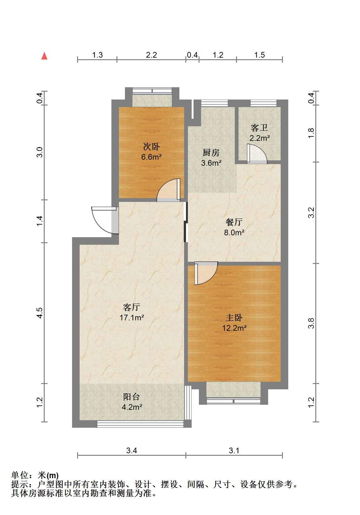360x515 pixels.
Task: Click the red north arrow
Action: click(x=44, y=56)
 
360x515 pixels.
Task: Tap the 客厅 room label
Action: click(x=132, y=307)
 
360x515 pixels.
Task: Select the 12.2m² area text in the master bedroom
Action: click(x=234, y=328)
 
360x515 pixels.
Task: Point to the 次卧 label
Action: click(x=151, y=146)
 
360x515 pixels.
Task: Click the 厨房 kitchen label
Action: click(x=211, y=153)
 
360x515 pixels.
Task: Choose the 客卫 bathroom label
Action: click(x=259, y=128)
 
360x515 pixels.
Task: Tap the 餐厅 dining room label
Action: click(x=234, y=222)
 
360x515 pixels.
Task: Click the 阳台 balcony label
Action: click(x=132, y=397)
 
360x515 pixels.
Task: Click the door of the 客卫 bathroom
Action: click(x=257, y=154)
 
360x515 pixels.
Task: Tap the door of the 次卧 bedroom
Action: click(x=168, y=190)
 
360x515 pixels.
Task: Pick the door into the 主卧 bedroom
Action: click(x=206, y=273)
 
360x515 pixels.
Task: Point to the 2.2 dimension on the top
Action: click(x=151, y=55)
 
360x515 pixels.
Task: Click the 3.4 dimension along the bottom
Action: click(x=132, y=450)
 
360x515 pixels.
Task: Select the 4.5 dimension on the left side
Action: click(x=40, y=313)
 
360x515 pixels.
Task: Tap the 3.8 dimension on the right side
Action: click(x=311, y=323)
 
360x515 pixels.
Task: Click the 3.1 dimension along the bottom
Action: click(x=234, y=450)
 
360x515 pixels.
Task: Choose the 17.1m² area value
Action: click(x=132, y=318)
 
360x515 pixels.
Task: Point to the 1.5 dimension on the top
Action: click(x=260, y=55)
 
